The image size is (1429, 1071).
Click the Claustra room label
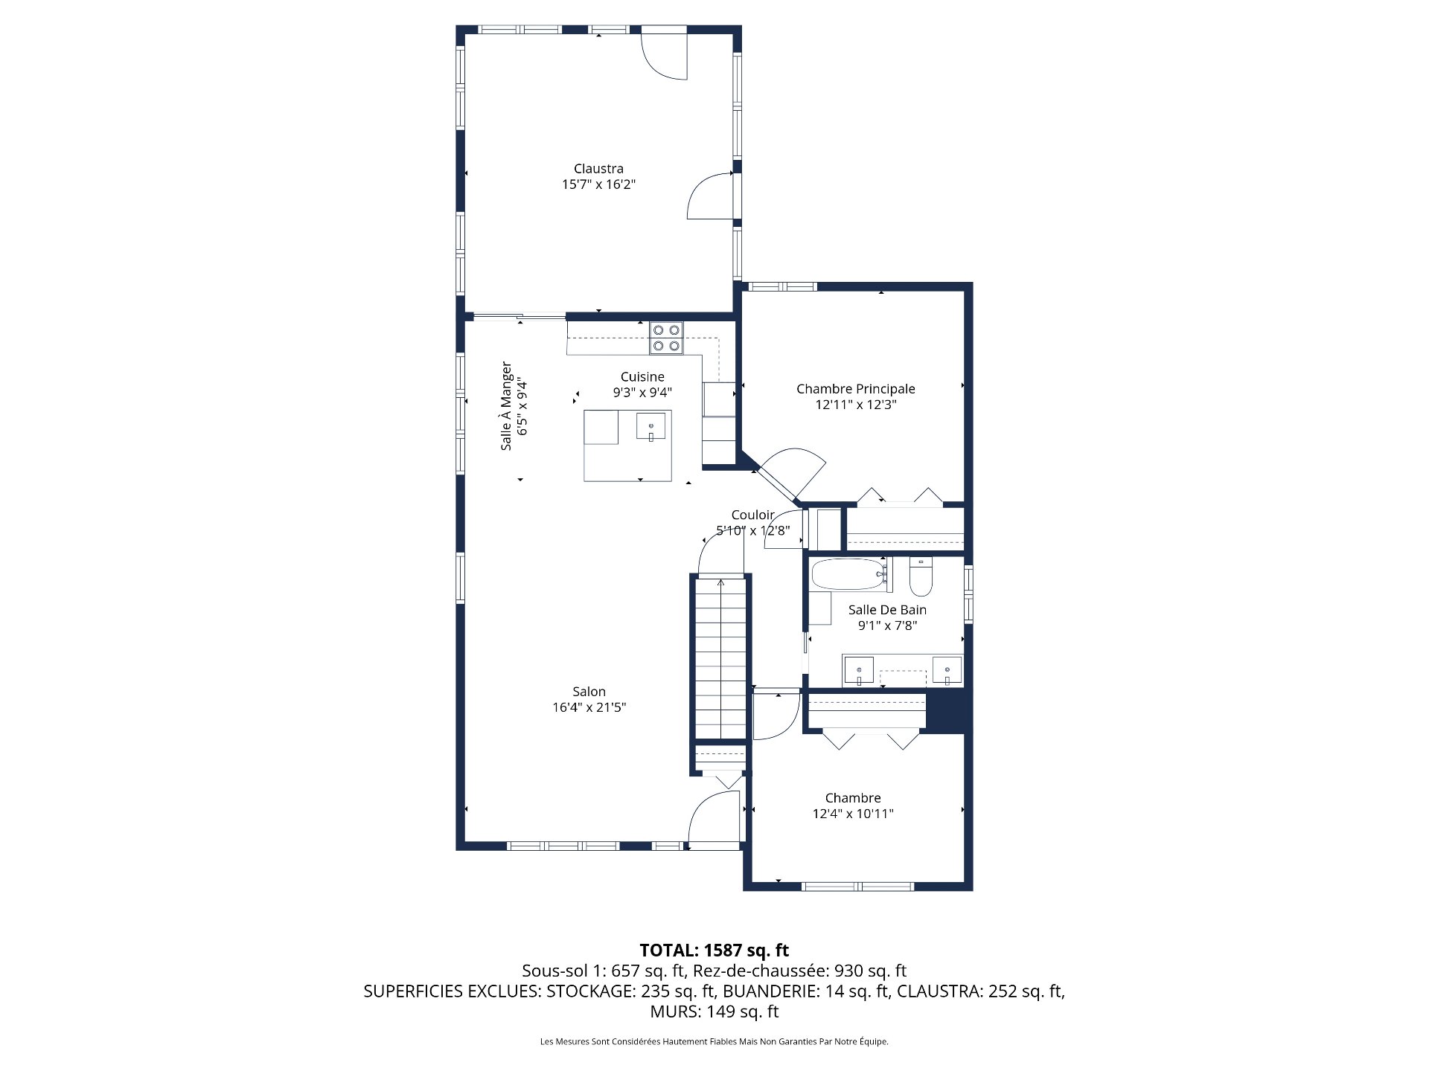point(598,169)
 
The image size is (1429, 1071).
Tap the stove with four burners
point(665,338)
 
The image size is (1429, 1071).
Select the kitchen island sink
point(651,428)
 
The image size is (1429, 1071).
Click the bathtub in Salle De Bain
point(848,575)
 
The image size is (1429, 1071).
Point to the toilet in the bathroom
point(921,579)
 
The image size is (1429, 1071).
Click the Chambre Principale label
point(855,389)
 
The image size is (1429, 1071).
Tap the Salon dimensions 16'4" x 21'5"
point(589,707)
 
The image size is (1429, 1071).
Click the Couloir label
point(752,515)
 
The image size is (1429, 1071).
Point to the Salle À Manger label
point(506,406)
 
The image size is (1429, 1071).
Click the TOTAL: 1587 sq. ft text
point(714,950)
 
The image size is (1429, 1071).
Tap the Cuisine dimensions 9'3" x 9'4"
point(642,393)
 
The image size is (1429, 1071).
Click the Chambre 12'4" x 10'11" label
point(853,805)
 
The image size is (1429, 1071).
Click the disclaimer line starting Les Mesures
point(714,1042)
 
